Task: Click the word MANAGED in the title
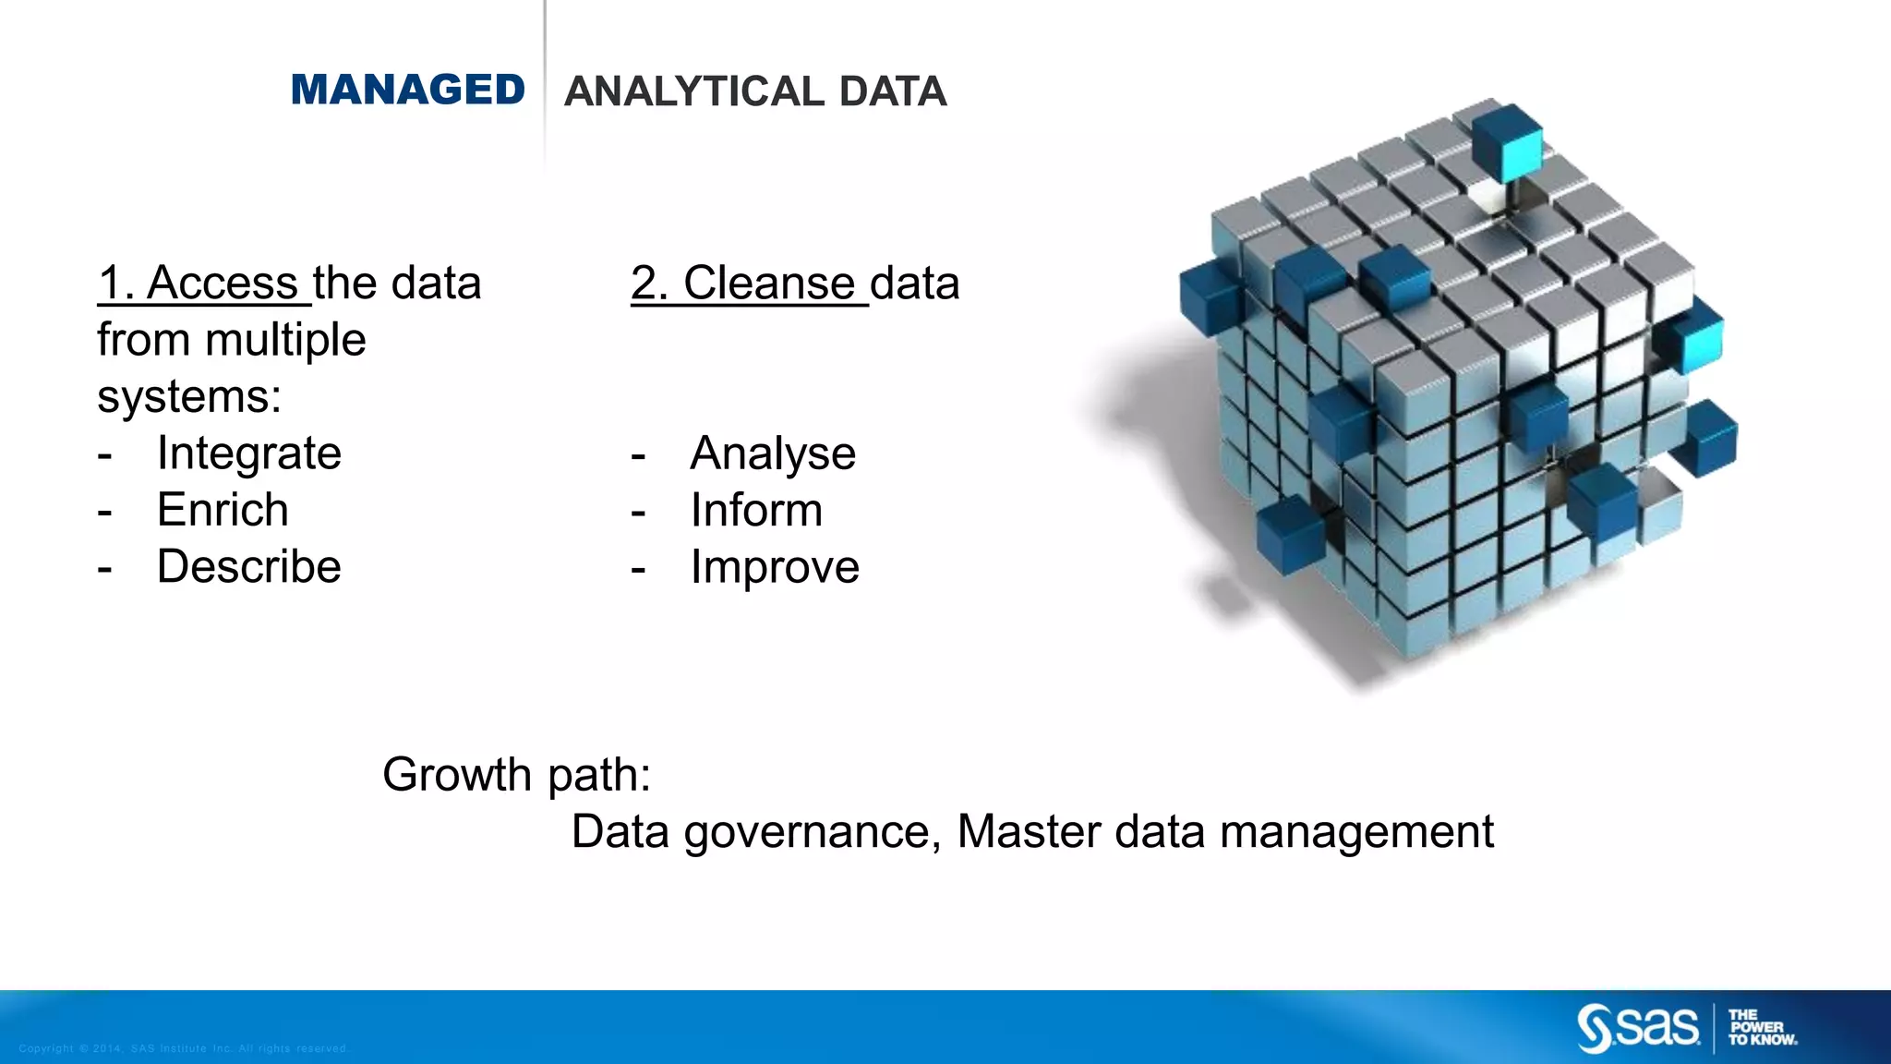(407, 91)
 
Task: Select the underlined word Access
(222, 283)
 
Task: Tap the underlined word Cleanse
(768, 283)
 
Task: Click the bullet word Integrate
(248, 453)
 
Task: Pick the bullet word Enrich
(223, 510)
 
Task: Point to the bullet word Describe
(248, 566)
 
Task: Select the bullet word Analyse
(773, 453)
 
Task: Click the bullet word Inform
(756, 510)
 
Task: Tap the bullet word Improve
(775, 566)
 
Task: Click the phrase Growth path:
(516, 774)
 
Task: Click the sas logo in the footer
(1637, 1028)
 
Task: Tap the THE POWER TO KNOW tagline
(1762, 1027)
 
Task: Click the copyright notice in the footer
(183, 1048)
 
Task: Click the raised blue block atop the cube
(1507, 141)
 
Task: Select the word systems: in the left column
(189, 397)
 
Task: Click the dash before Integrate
(105, 454)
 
